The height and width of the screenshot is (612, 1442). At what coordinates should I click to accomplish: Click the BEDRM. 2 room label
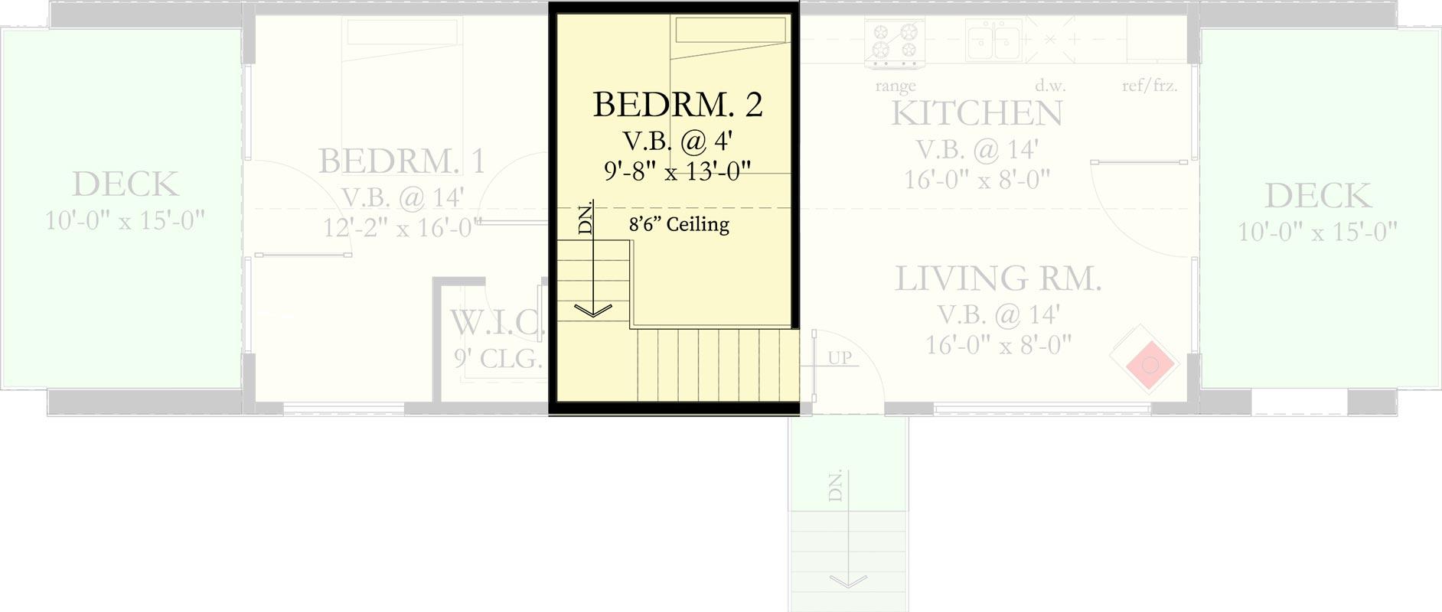coord(678,105)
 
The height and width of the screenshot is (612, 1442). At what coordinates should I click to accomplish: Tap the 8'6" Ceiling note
coord(679,224)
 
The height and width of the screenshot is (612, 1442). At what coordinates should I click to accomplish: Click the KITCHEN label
coord(977,114)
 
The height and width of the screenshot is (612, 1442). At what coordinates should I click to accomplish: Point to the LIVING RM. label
coord(998,279)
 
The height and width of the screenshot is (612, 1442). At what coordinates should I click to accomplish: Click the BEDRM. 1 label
coord(402,161)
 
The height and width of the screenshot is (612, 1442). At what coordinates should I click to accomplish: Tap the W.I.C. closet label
coord(496,323)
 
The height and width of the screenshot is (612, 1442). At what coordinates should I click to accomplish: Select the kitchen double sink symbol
coord(993,40)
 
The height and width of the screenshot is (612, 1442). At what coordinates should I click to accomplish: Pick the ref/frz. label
coord(1150,86)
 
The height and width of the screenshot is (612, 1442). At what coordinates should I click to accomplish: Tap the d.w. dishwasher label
coord(1050,86)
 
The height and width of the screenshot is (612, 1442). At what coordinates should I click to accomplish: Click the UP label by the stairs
coord(839,357)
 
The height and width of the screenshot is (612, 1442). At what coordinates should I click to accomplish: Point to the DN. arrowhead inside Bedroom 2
coord(592,310)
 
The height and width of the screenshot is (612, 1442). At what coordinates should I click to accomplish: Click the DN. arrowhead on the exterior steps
coord(848,581)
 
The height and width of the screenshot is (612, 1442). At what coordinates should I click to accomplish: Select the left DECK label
coord(126,184)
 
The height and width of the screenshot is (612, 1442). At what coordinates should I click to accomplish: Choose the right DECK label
coord(1317,196)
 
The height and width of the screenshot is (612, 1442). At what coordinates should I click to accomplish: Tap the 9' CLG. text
coord(498,359)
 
